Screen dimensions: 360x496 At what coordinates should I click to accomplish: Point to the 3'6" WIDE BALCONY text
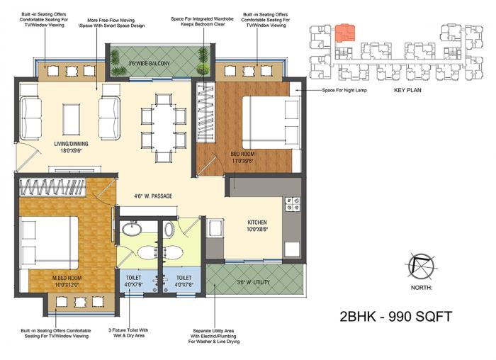coord(150,64)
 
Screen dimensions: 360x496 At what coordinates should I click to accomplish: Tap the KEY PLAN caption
coord(409,91)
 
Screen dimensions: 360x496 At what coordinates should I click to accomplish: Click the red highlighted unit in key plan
coord(344,33)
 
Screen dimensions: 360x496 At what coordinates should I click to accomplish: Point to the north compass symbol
coord(422,266)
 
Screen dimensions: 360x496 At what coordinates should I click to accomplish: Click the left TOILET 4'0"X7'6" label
coord(133,281)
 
